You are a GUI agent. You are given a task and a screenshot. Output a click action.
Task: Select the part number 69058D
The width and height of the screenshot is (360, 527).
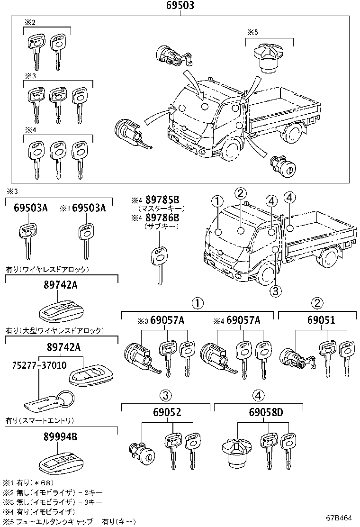(x=266, y=412)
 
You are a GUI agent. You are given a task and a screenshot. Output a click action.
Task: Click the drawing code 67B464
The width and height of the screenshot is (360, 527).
(x=338, y=518)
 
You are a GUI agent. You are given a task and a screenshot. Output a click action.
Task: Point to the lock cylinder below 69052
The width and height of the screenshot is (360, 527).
(x=142, y=453)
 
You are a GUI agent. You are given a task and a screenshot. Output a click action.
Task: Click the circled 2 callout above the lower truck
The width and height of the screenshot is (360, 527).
(x=241, y=193)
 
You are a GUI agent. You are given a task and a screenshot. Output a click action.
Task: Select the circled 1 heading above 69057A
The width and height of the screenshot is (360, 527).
(x=198, y=303)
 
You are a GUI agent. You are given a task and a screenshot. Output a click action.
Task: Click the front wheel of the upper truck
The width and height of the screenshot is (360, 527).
(x=232, y=152)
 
